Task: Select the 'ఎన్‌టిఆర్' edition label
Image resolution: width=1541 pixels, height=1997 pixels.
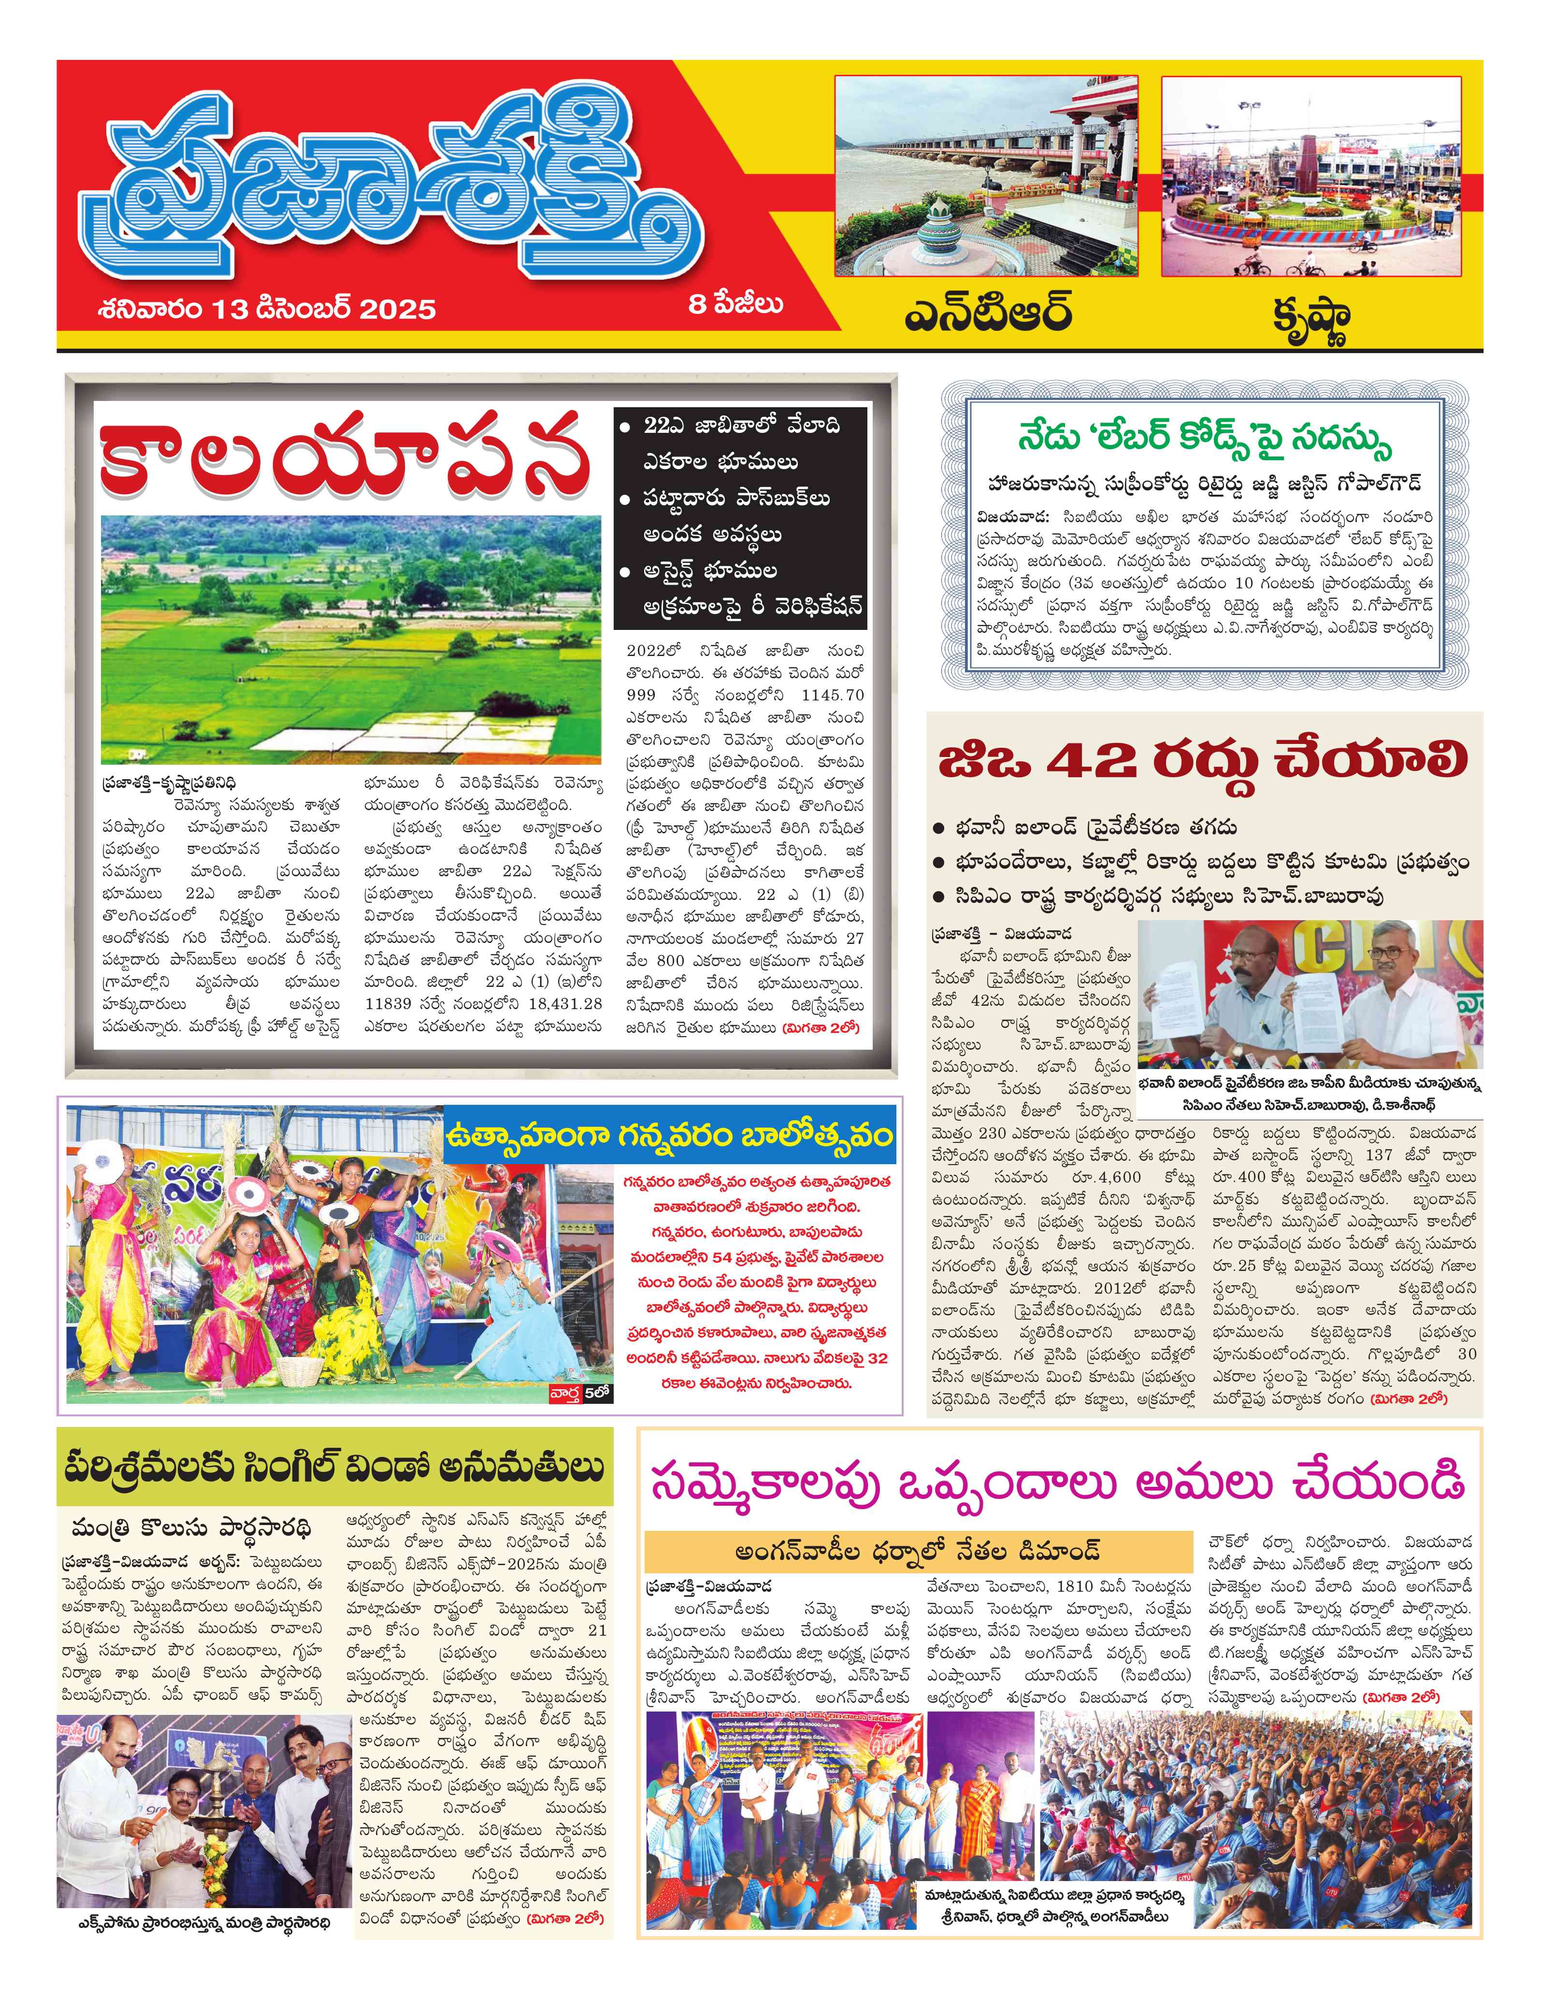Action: [988, 314]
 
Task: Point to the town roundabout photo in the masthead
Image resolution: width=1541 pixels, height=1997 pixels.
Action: [1311, 175]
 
